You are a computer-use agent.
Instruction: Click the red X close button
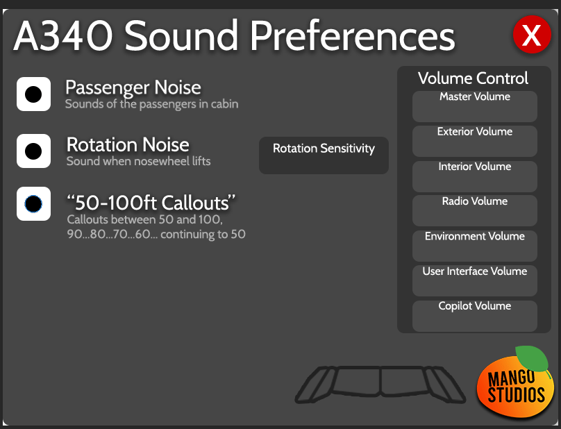[x=532, y=34]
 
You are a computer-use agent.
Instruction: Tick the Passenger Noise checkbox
[x=33, y=94]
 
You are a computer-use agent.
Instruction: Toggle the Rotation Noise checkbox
[x=33, y=151]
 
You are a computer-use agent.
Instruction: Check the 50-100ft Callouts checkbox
[x=33, y=203]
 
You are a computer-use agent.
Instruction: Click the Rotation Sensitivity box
[x=324, y=155]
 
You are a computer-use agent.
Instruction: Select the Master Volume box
[x=475, y=106]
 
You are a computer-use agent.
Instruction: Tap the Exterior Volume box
[x=475, y=141]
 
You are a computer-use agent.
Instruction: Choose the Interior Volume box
[x=475, y=176]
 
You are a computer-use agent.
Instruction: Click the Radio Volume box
[x=475, y=211]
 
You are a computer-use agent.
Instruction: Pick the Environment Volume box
[x=475, y=246]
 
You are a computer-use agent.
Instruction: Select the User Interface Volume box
[x=475, y=280]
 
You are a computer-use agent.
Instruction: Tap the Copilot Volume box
[x=475, y=316]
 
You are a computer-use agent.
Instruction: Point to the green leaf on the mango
[x=533, y=357]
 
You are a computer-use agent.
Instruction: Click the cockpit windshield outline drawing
[x=380, y=385]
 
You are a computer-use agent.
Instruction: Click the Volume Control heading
[x=473, y=78]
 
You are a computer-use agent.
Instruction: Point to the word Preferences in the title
[x=353, y=36]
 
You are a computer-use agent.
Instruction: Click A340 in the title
[x=63, y=36]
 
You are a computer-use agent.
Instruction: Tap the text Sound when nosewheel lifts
[x=138, y=161]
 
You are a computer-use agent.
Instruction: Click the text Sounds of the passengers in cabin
[x=151, y=104]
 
